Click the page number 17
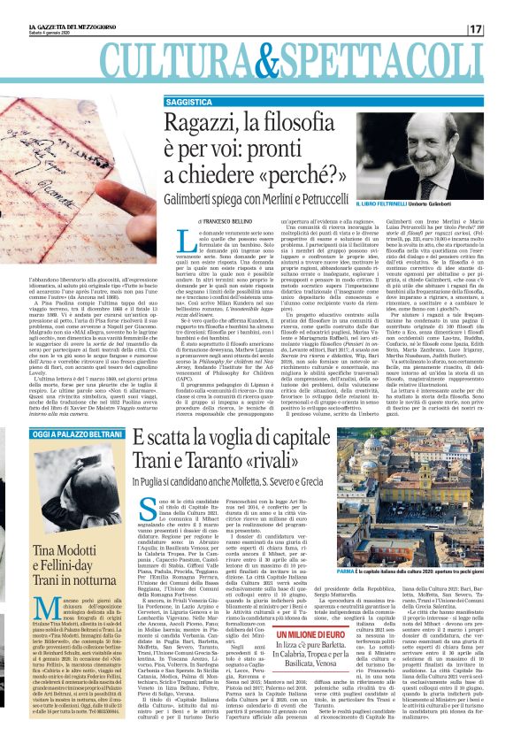502,29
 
